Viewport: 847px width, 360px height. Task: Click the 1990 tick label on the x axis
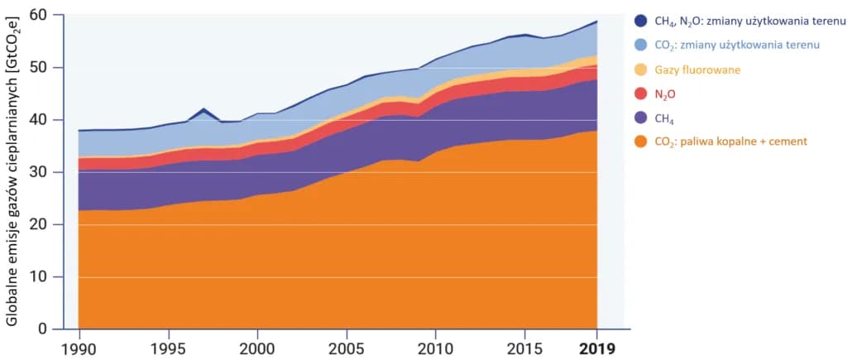pos(78,348)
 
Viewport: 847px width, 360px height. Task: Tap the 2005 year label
pos(347,348)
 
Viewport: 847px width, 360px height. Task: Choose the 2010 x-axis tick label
pos(437,348)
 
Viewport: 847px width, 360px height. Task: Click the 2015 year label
pos(526,348)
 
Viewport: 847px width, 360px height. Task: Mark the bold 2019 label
pos(597,348)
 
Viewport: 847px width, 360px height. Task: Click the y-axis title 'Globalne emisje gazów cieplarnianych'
pos(14,174)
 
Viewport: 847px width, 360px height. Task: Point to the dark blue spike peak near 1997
pos(203,108)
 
